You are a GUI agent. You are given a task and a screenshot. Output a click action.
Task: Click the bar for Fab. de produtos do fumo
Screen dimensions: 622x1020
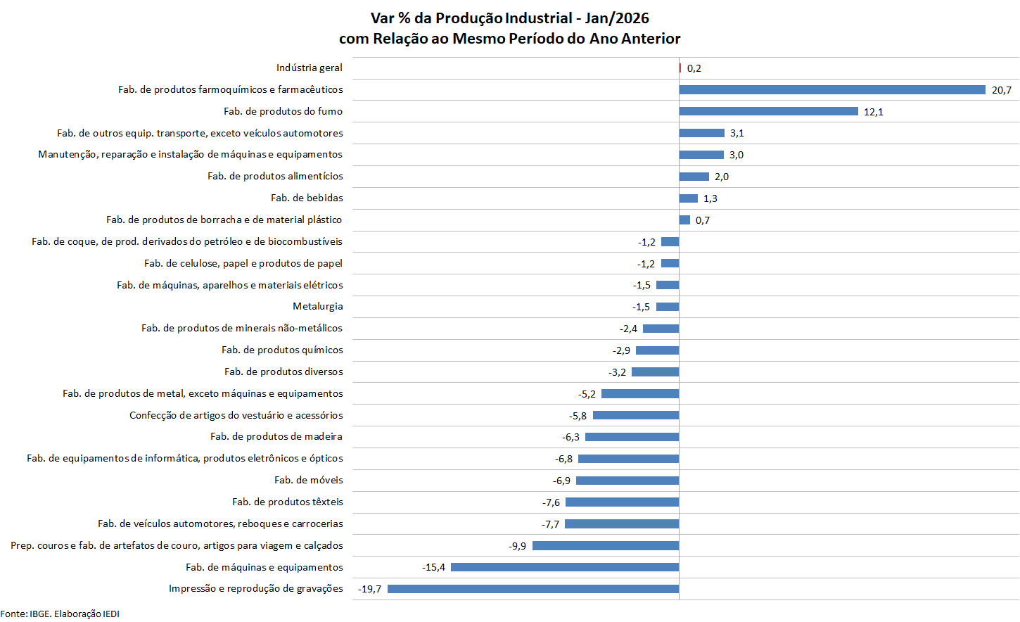(x=768, y=111)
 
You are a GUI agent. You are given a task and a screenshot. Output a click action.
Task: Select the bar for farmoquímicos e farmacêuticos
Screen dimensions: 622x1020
(x=832, y=89)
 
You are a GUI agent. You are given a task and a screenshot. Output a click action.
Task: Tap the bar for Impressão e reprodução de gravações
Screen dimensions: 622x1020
(x=533, y=589)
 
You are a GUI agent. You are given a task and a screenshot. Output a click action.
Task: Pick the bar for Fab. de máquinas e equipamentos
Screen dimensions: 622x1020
(x=565, y=567)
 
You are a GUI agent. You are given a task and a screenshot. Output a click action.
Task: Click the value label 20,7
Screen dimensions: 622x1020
(x=1002, y=90)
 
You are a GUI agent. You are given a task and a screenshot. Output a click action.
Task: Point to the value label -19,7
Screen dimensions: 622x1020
(x=370, y=589)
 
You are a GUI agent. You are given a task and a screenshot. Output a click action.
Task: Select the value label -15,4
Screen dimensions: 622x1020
(x=433, y=567)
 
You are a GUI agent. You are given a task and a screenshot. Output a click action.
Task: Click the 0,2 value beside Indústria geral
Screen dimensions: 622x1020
(x=694, y=68)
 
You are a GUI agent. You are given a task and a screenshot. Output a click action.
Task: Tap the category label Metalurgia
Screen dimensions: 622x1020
(x=318, y=306)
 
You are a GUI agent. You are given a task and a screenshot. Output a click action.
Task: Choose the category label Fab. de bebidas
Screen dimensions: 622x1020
(x=307, y=198)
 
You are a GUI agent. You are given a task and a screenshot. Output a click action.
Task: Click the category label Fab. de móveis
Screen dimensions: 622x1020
(x=309, y=480)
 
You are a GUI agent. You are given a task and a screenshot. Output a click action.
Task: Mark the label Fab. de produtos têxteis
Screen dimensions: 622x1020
(x=288, y=502)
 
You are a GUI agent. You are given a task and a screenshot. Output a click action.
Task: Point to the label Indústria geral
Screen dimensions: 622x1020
(x=310, y=68)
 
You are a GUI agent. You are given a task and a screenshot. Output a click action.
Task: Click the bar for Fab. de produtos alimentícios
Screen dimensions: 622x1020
(x=694, y=177)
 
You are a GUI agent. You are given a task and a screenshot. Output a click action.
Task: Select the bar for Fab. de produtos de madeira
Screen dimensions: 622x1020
(x=632, y=437)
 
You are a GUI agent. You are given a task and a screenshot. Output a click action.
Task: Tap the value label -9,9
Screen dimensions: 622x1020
(x=518, y=546)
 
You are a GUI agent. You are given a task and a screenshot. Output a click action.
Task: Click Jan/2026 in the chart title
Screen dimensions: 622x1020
(x=617, y=18)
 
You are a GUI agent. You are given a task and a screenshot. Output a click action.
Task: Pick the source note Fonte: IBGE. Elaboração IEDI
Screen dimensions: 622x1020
(x=60, y=614)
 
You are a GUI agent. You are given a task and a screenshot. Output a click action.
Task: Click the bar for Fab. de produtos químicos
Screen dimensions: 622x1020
(x=657, y=350)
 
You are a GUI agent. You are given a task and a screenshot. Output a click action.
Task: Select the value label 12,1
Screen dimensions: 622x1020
(x=874, y=112)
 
